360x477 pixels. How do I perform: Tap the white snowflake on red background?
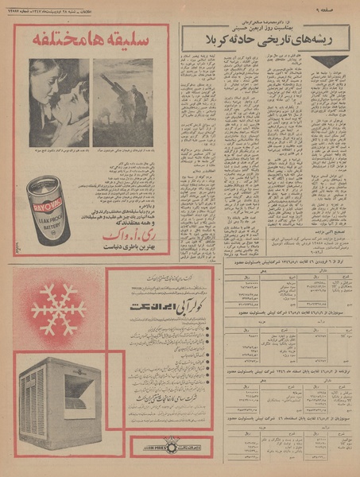coord(57,310)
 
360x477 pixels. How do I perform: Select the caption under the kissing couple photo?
coord(59,149)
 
